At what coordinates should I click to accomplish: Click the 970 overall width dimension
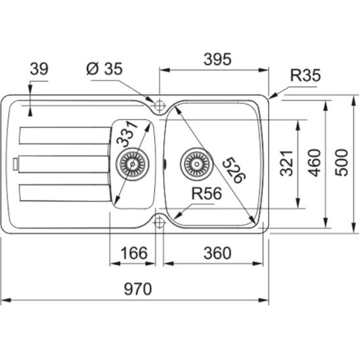(x=138, y=289)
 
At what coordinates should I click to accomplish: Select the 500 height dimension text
(x=342, y=162)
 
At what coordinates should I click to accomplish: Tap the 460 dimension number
(x=314, y=163)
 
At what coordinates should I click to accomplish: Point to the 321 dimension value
(x=287, y=163)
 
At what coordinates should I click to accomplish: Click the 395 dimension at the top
(x=217, y=59)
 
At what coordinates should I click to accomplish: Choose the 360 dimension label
(x=217, y=253)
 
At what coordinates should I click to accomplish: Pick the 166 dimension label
(x=134, y=253)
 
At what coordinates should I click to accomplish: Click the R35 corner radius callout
(x=305, y=76)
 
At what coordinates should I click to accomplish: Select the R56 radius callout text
(x=207, y=194)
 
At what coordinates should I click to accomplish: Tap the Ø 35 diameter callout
(x=104, y=68)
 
